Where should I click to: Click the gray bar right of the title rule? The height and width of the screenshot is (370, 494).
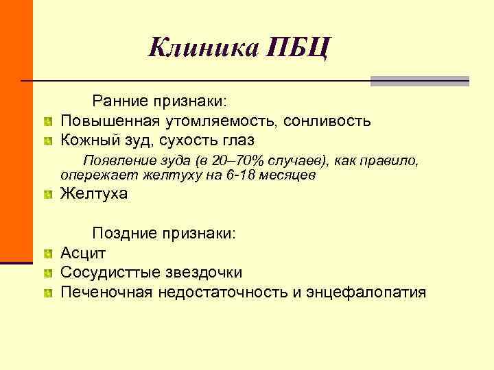click(419, 81)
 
